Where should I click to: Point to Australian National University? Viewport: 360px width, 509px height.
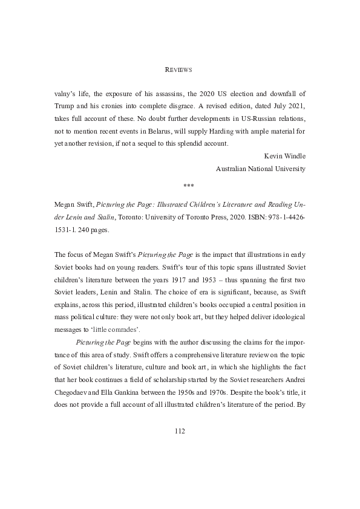(261, 169)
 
